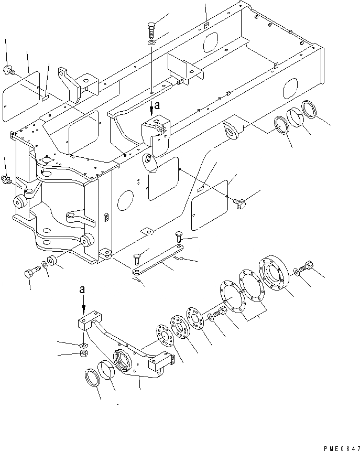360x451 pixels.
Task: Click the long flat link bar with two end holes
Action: [157, 260]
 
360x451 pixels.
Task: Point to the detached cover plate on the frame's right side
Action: [210, 205]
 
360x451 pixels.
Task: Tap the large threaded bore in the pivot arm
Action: [121, 361]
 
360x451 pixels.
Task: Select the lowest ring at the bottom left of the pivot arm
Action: [93, 378]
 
